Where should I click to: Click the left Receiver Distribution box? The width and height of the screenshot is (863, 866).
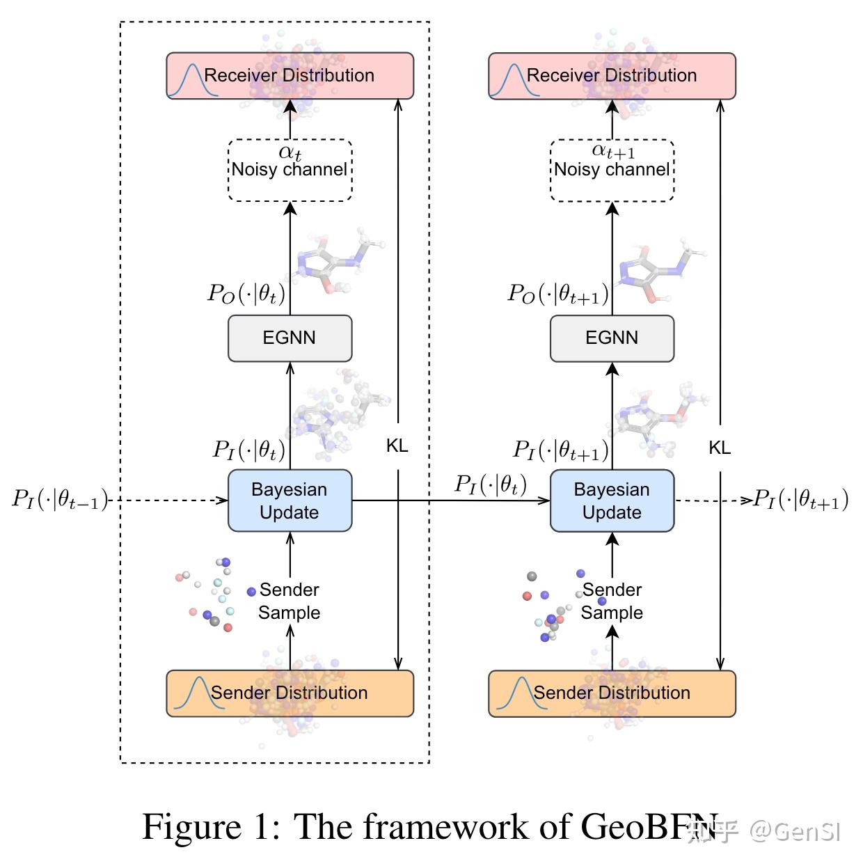coord(290,76)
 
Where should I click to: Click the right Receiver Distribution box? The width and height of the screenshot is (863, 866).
coord(612,76)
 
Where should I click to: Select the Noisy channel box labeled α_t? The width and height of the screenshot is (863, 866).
coord(290,170)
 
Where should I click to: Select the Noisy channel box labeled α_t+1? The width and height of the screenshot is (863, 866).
coord(612,170)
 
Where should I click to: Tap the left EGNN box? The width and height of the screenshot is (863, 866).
coord(290,338)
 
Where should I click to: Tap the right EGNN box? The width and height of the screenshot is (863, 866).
coord(612,338)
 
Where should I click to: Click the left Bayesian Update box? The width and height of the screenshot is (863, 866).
coord(290,501)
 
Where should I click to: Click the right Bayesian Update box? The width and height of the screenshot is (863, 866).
coord(612,501)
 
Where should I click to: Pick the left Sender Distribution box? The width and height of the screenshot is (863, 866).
coord(290,693)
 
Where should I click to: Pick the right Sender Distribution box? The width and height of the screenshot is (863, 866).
coord(612,693)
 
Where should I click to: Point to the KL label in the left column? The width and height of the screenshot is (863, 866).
coord(397,446)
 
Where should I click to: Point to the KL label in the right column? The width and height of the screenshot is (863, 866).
coord(720,448)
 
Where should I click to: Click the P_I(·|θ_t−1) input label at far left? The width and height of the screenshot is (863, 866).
coord(61,499)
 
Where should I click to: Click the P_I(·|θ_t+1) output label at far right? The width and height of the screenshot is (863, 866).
coord(801,499)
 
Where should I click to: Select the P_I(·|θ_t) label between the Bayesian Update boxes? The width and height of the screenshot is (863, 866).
coord(491,484)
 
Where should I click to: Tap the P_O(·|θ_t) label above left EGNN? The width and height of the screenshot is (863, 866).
coord(246,293)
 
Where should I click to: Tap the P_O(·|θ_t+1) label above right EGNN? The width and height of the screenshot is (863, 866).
coord(557,293)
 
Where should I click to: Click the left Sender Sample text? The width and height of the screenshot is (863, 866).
coord(289,601)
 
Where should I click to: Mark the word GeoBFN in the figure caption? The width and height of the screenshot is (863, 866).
coord(649,827)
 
